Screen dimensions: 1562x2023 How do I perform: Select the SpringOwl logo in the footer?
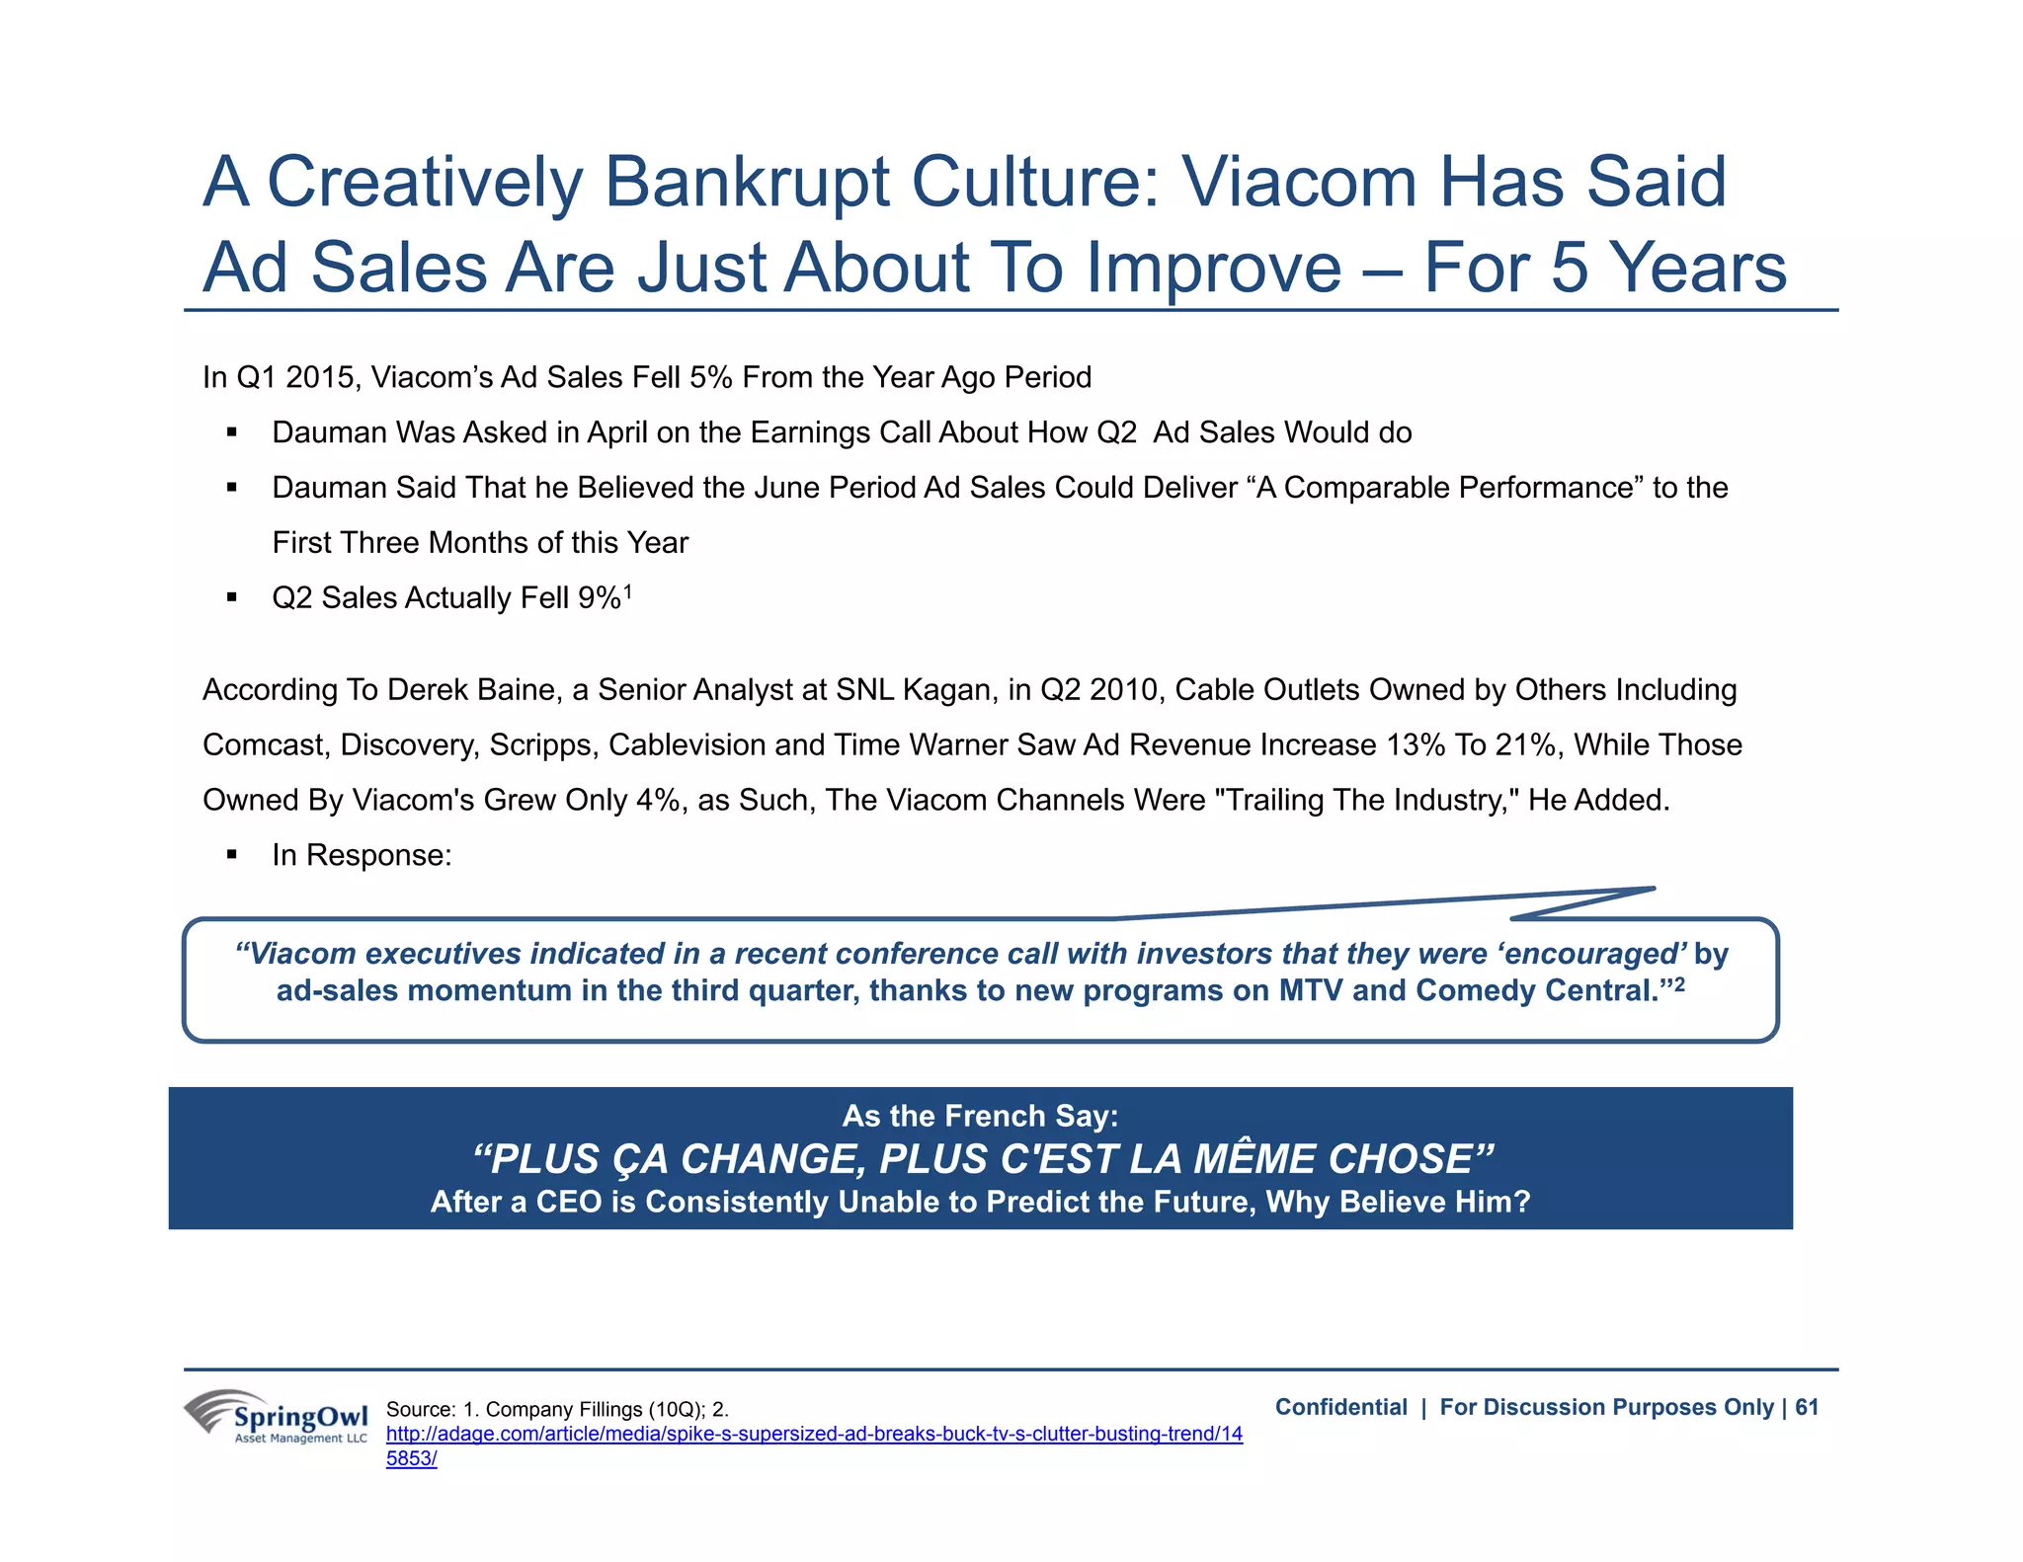point(277,1417)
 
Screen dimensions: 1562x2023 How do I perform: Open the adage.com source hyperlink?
point(813,1435)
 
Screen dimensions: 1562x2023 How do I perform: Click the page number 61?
point(1807,1407)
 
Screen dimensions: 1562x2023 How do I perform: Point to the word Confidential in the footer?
point(1340,1407)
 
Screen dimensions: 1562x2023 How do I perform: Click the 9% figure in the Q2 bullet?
point(600,598)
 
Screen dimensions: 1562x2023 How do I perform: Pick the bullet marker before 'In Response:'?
point(232,855)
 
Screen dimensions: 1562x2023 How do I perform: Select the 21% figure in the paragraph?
point(1528,744)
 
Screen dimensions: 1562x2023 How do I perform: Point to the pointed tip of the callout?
point(1653,889)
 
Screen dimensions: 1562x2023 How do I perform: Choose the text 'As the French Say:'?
point(980,1116)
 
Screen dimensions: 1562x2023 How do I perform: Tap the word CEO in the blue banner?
point(568,1202)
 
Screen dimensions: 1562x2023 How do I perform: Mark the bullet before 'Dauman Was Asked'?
point(232,432)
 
